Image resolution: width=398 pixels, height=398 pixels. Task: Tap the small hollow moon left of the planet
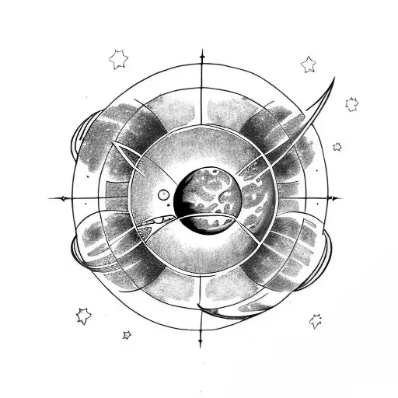click(165, 194)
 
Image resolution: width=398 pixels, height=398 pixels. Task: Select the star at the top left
click(118, 58)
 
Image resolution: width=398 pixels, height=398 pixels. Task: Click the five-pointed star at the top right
click(309, 64)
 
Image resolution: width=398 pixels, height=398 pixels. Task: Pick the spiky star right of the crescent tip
click(351, 103)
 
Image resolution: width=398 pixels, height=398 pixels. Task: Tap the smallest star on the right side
click(337, 146)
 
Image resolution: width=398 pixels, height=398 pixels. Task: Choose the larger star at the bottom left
click(83, 315)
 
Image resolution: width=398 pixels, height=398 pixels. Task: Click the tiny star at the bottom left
click(127, 335)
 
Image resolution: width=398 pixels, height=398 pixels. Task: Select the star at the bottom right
click(316, 320)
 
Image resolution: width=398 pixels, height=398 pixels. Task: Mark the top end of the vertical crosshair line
click(202, 51)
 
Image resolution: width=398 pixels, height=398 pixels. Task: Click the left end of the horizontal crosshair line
click(51, 198)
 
